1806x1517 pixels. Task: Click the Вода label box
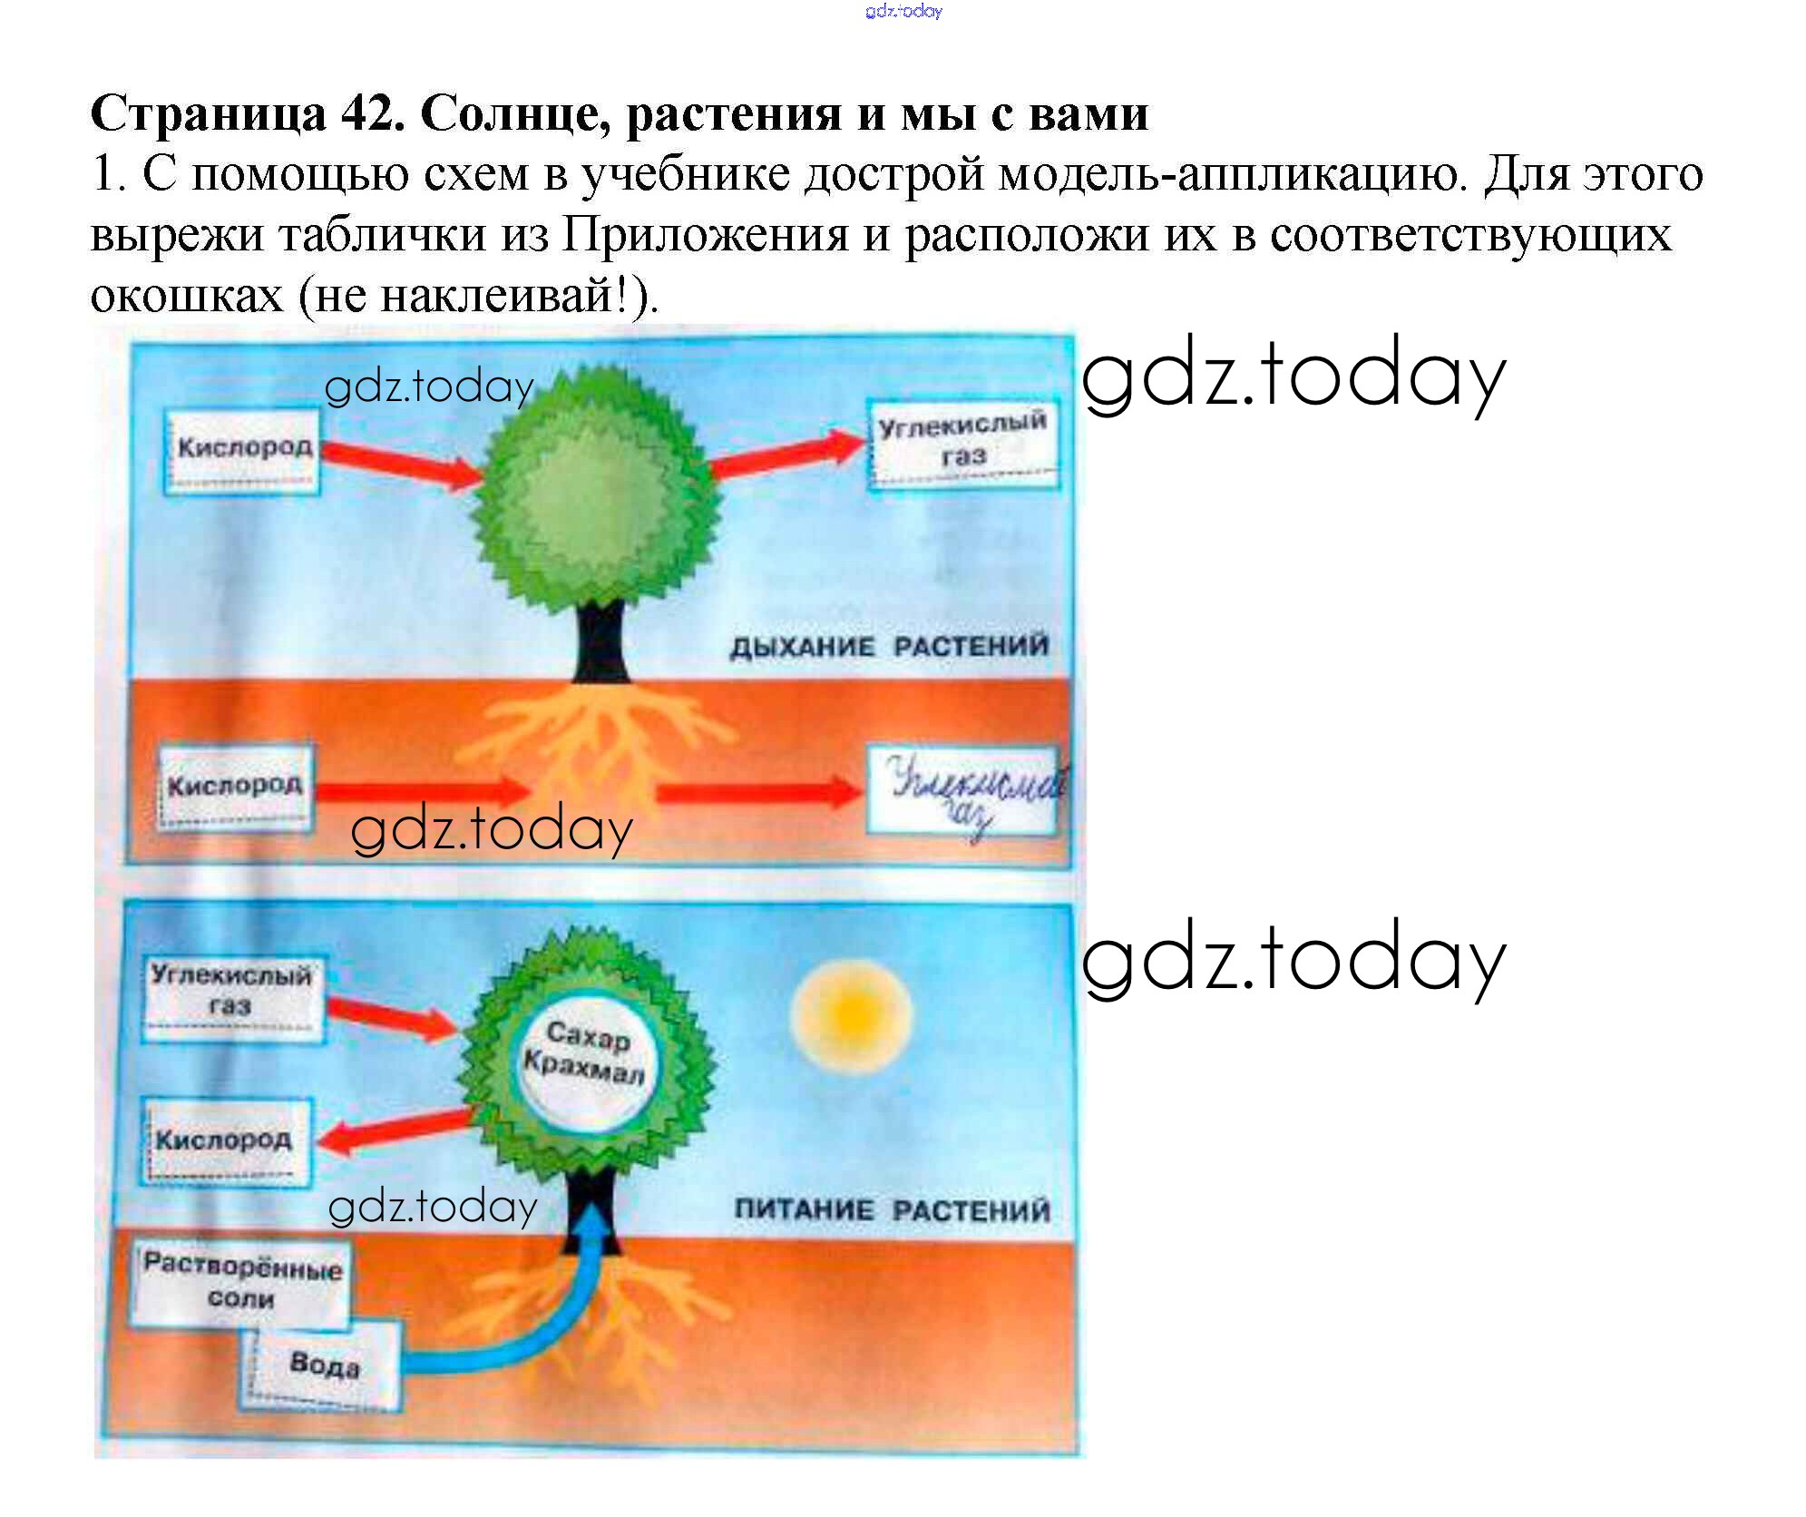(321, 1365)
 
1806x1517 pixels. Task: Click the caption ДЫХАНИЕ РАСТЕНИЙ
(889, 647)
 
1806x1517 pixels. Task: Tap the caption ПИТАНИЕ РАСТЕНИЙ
(893, 1210)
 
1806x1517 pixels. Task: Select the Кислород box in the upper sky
(242, 451)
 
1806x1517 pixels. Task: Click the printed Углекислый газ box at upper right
(963, 444)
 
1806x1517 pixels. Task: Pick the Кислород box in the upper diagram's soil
(236, 786)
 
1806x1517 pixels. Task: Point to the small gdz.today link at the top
(903, 11)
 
